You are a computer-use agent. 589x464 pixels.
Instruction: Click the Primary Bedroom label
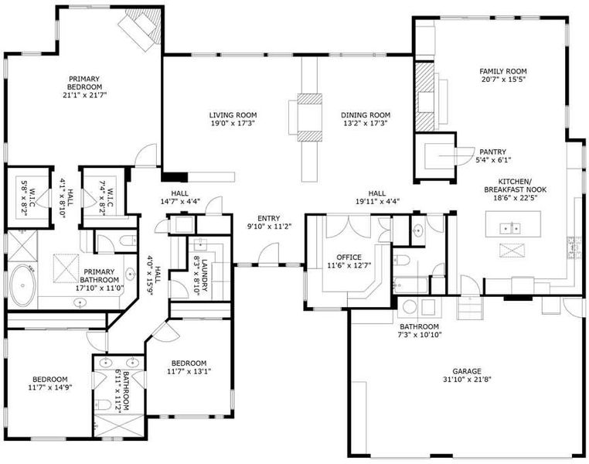(84, 83)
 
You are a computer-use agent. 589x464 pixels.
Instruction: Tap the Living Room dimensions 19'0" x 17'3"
(233, 123)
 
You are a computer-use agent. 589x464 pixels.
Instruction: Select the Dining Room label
(366, 115)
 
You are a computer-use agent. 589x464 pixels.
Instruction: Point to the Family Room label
(503, 71)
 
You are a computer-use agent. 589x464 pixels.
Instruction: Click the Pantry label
(493, 152)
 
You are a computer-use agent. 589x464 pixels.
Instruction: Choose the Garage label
(467, 371)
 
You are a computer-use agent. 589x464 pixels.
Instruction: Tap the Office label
(349, 258)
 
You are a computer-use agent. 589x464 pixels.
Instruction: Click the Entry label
(268, 218)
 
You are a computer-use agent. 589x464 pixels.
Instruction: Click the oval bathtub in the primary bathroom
(23, 285)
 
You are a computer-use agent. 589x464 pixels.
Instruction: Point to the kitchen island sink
(510, 228)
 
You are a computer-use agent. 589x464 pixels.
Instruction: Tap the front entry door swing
(268, 254)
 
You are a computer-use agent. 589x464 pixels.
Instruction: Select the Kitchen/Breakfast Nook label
(515, 186)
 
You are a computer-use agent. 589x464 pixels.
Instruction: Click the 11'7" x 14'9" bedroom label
(50, 384)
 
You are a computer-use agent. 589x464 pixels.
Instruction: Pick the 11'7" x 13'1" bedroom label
(189, 367)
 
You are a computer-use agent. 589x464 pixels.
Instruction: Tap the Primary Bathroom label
(99, 276)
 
